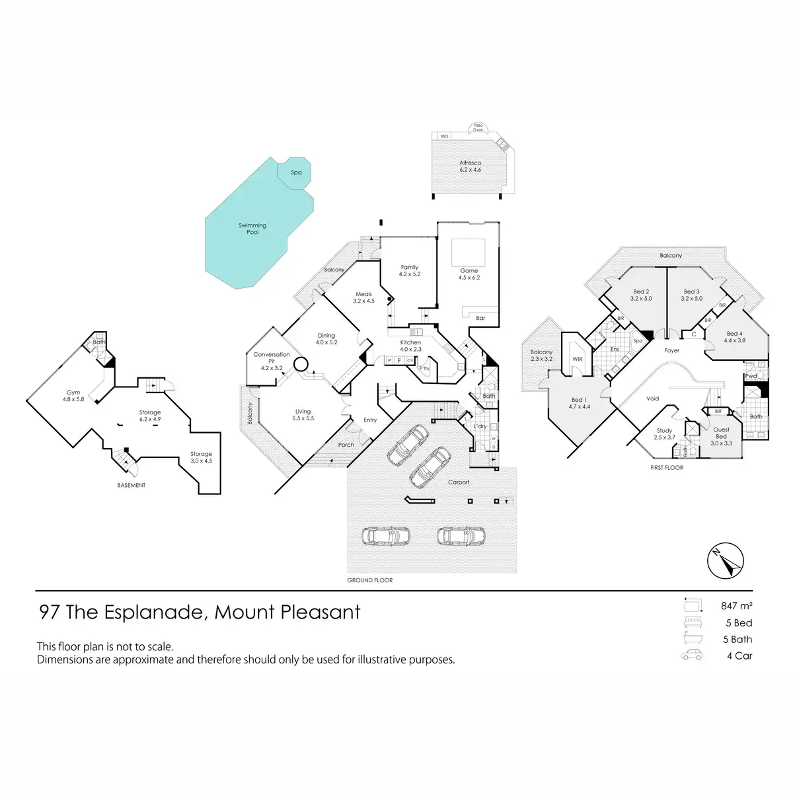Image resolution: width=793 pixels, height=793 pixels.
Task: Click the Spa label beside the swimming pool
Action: pyautogui.click(x=296, y=172)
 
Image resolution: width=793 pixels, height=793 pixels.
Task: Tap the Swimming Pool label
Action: pyautogui.click(x=252, y=229)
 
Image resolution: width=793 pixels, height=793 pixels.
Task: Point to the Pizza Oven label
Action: pyautogui.click(x=478, y=127)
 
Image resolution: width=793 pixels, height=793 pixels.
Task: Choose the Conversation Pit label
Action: pyautogui.click(x=272, y=358)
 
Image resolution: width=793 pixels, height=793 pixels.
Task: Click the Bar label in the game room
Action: pyautogui.click(x=480, y=318)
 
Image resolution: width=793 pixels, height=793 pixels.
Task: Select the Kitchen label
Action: pyautogui.click(x=410, y=342)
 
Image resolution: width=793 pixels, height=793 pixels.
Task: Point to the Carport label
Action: pyautogui.click(x=459, y=482)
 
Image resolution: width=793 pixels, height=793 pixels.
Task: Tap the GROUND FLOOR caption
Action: pyautogui.click(x=370, y=580)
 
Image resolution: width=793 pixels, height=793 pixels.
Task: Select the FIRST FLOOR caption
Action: pyautogui.click(x=666, y=467)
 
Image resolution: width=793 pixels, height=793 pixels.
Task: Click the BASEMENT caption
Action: pyautogui.click(x=131, y=485)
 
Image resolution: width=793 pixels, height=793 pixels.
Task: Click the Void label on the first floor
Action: pyautogui.click(x=653, y=398)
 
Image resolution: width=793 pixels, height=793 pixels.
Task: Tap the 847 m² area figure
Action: pyautogui.click(x=736, y=605)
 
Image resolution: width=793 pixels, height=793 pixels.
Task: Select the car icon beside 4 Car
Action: pyautogui.click(x=692, y=655)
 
